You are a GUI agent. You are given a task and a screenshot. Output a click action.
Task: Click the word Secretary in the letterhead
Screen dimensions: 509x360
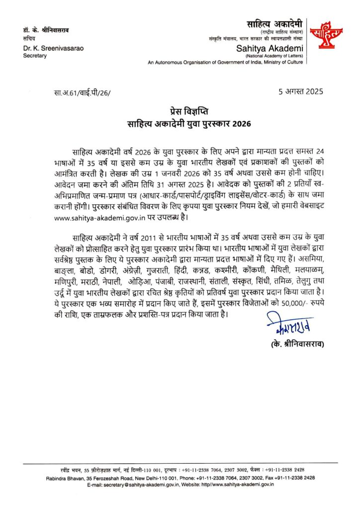coord(34,55)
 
